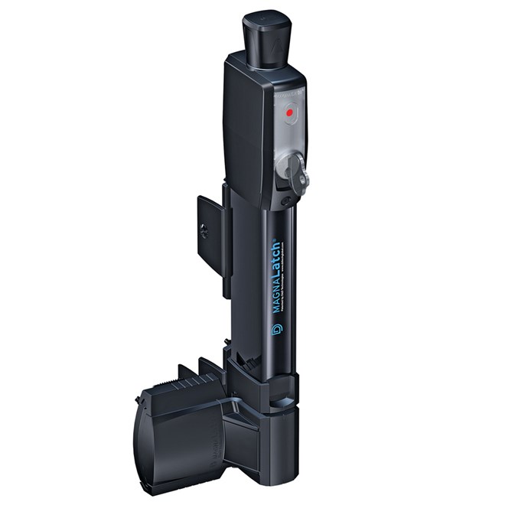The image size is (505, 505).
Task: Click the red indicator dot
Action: tap(289, 114)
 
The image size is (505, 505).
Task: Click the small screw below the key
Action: tap(286, 200)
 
